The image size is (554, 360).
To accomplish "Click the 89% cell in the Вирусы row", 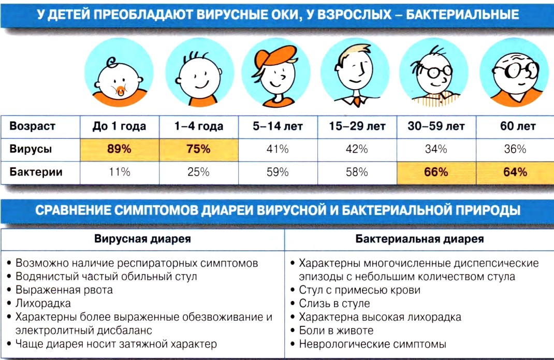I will click(119, 149).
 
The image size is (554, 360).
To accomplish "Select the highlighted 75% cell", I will click(198, 149).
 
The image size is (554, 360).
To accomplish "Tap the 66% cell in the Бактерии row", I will click(435, 172).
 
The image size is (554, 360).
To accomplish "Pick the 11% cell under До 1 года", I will click(119, 172).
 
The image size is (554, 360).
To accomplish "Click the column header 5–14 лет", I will click(278, 126).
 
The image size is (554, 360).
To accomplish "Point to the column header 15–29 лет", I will click(356, 126).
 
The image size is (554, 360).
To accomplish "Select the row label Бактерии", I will click(36, 172).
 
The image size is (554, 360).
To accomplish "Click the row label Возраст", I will click(33, 126).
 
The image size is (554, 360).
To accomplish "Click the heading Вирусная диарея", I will click(142, 239).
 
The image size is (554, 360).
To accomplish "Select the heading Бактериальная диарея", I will click(420, 239).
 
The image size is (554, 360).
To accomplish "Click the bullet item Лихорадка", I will click(43, 304).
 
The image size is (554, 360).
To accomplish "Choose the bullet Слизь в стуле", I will click(334, 304).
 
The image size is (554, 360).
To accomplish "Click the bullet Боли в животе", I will click(336, 330).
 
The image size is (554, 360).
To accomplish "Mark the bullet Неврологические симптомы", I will click(372, 344).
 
